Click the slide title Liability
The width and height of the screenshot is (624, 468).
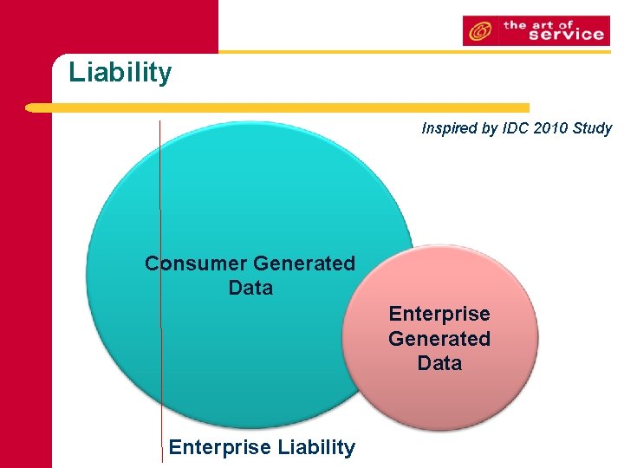tap(120, 72)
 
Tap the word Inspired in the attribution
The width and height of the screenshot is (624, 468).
tap(448, 128)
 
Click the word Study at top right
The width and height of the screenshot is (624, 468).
tap(592, 128)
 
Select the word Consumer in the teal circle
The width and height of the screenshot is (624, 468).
tap(195, 263)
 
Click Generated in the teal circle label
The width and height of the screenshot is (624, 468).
tap(303, 263)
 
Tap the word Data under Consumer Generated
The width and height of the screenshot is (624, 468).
tap(250, 288)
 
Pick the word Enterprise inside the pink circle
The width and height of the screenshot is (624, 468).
tap(439, 314)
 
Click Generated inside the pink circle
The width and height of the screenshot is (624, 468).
tap(439, 339)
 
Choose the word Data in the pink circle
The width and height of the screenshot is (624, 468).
tap(439, 363)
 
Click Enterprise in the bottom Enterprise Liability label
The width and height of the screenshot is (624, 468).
tap(219, 447)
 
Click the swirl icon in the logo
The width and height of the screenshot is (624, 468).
tap(479, 32)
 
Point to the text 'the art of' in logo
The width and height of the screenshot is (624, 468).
tap(551, 23)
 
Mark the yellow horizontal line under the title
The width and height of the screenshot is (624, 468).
tap(312, 108)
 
